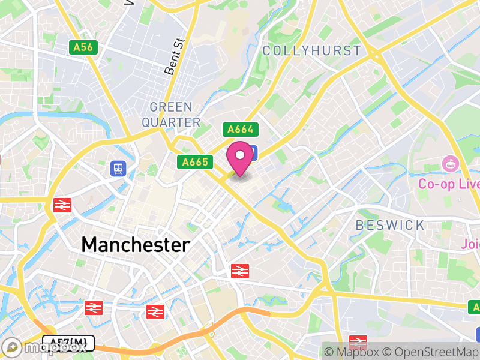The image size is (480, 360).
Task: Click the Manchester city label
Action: point(136,245)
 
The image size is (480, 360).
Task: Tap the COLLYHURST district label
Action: point(312,50)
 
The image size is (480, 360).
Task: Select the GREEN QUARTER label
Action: point(171,115)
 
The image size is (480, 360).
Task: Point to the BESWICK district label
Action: point(390,226)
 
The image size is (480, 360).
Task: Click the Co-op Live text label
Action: point(449,184)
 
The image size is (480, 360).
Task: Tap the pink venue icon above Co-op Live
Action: point(449,163)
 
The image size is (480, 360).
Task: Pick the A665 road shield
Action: point(195,161)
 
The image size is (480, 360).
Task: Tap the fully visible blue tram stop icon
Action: point(118,169)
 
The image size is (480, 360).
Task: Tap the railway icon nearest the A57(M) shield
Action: point(93,308)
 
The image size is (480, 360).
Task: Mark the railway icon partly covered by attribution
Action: point(358,341)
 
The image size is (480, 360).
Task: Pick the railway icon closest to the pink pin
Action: point(239,271)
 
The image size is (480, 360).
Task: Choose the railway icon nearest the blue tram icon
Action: point(62,205)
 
